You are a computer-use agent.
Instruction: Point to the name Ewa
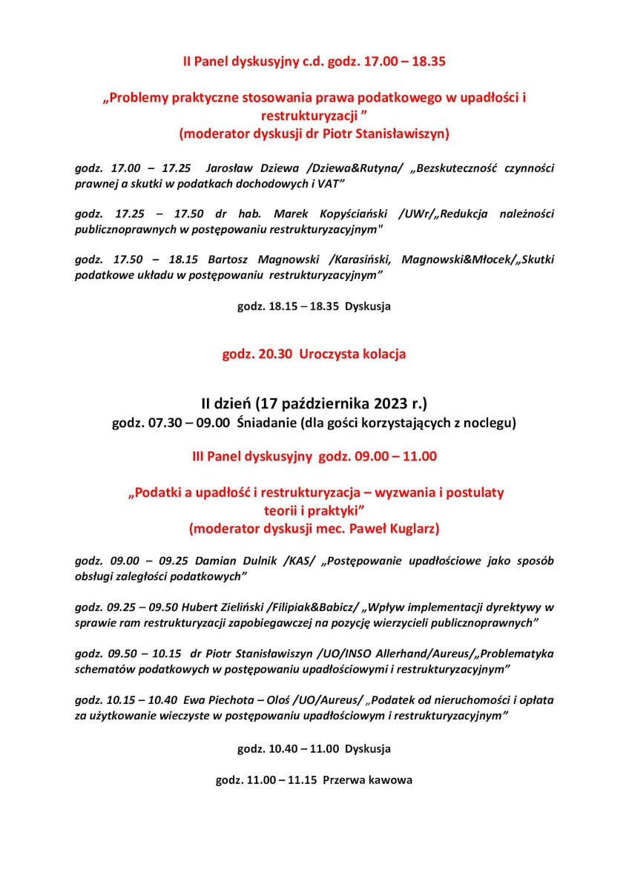(x=194, y=699)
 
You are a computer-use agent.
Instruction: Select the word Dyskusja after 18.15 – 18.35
(x=368, y=306)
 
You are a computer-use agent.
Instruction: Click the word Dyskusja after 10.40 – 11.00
(x=368, y=749)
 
